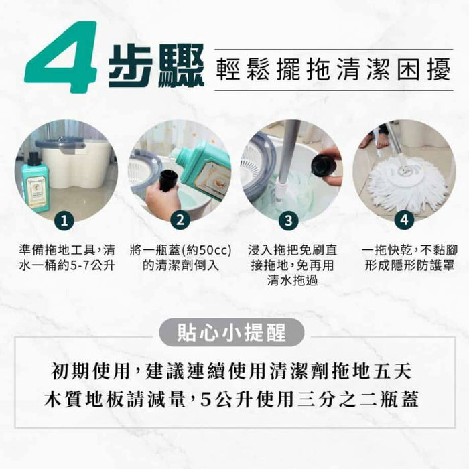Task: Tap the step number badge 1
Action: pyautogui.click(x=64, y=220)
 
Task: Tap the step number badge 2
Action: pyautogui.click(x=179, y=220)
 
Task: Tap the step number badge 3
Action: pyautogui.click(x=288, y=220)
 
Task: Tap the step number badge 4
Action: pyautogui.click(x=403, y=220)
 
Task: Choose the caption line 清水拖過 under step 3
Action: pyautogui.click(x=291, y=281)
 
